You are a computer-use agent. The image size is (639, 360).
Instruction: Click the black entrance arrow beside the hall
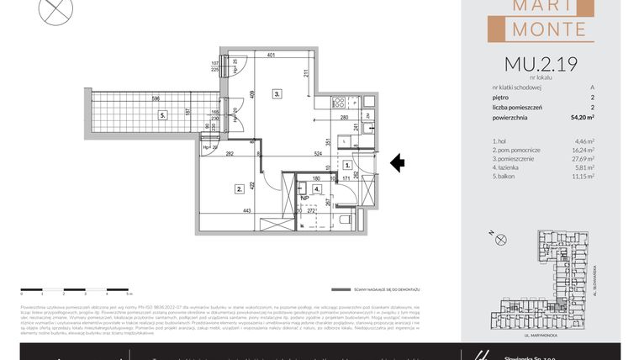[x=398, y=163]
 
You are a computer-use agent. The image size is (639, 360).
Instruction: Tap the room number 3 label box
[x=276, y=94]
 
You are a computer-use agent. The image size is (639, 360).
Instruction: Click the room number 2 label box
[x=240, y=188]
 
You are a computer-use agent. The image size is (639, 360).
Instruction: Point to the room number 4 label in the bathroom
[x=316, y=189]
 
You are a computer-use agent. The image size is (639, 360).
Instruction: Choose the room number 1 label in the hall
[x=347, y=166]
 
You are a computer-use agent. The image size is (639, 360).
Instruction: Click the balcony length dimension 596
[x=155, y=98]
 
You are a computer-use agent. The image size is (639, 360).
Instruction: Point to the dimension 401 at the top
[x=271, y=56]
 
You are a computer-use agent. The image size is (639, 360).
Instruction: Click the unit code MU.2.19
[x=540, y=64]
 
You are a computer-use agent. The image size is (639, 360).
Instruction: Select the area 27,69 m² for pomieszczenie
[x=582, y=158]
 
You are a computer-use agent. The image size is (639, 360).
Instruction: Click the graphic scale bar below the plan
[x=75, y=289]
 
